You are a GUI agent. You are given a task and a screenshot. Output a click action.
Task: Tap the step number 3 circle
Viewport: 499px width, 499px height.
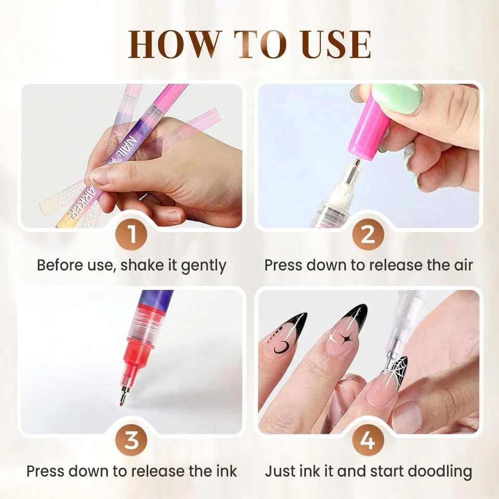(x=132, y=441)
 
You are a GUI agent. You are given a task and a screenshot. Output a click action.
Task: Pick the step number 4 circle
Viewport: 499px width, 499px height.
(x=368, y=441)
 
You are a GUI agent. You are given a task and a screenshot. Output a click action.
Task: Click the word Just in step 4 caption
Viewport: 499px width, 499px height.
(x=281, y=471)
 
